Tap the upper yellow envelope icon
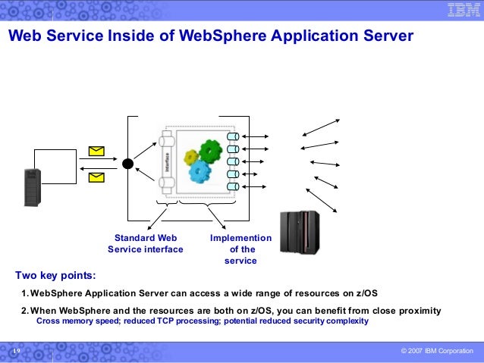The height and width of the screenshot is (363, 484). pyautogui.click(x=96, y=151)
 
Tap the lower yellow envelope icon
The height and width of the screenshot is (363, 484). pyautogui.click(x=96, y=178)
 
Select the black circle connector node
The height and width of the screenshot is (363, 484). pyautogui.click(x=128, y=163)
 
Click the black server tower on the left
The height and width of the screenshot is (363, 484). pyautogui.click(x=31, y=186)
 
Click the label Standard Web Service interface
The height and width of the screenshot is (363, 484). pyautogui.click(x=146, y=243)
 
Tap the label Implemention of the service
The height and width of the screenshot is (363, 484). pyautogui.click(x=240, y=249)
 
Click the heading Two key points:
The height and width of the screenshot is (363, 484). pyautogui.click(x=55, y=274)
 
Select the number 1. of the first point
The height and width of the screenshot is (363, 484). pyautogui.click(x=25, y=293)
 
